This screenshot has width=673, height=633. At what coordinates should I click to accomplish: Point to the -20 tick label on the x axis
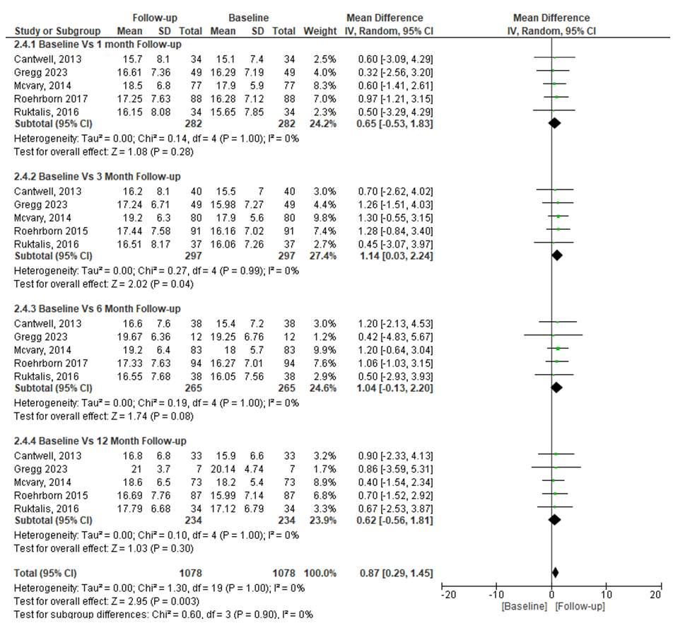tap(447, 595)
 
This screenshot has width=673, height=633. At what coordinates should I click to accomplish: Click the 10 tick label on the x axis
tap(606, 595)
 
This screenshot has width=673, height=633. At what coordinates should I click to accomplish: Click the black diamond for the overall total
tap(555, 572)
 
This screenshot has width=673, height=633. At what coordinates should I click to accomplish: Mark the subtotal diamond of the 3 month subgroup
tap(557, 255)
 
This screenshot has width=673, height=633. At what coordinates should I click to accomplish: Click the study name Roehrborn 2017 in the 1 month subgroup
tap(47, 98)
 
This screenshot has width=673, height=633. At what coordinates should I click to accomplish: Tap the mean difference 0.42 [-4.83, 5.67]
tap(395, 336)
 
